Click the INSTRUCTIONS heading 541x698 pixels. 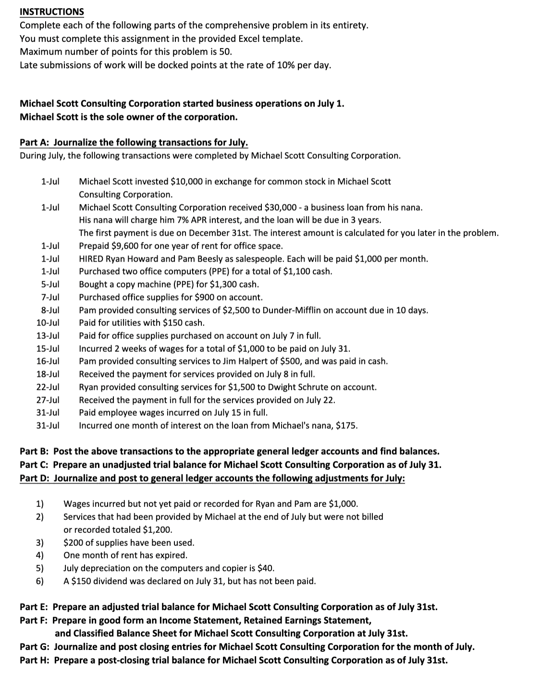[52, 12]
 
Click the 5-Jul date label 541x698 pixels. [50, 284]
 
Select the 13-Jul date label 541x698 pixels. [48, 336]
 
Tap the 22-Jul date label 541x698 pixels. [48, 387]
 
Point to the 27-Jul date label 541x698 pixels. [48, 400]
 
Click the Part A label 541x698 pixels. [35, 143]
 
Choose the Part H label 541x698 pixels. [35, 660]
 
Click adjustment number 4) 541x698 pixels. [40, 555]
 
